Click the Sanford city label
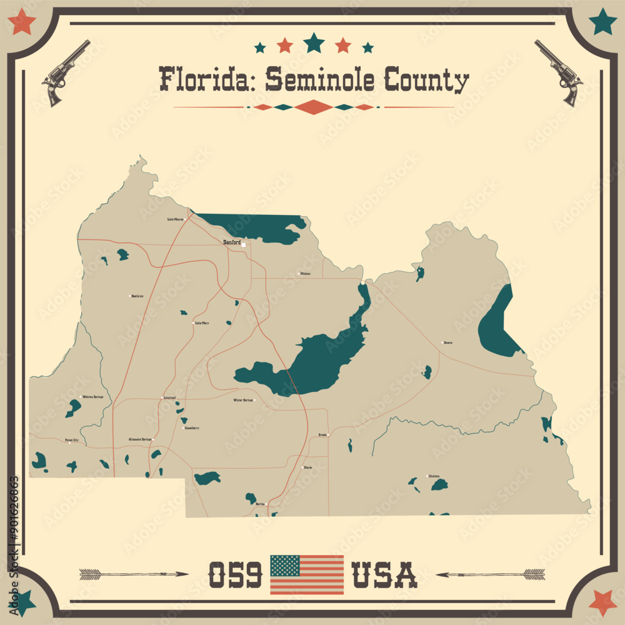(x=232, y=242)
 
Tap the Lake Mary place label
(x=202, y=323)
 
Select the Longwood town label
(x=170, y=397)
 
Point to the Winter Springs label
(x=243, y=400)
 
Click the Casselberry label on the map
(x=191, y=428)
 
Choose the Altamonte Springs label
(x=140, y=439)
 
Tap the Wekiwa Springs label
(x=92, y=397)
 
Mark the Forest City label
(x=72, y=441)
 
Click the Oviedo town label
(x=322, y=434)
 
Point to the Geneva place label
(x=447, y=342)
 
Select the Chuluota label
(x=434, y=476)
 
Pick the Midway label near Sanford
(x=305, y=274)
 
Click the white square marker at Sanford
(x=244, y=244)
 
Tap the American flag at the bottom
(x=306, y=574)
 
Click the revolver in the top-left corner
(x=65, y=72)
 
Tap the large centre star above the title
(x=314, y=43)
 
